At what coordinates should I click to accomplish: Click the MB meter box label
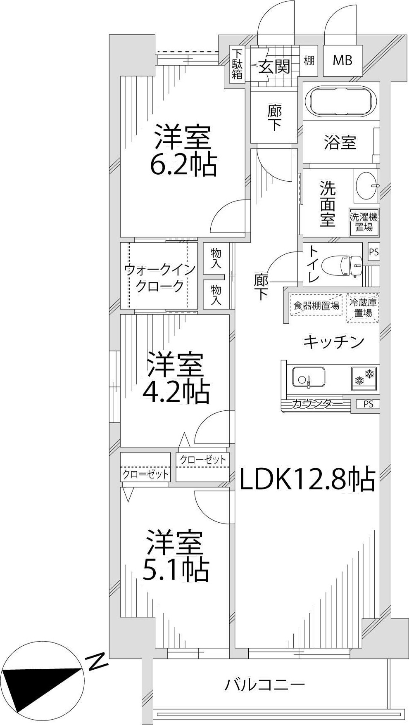(x=342, y=61)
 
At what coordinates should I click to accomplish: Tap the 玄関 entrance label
(x=274, y=66)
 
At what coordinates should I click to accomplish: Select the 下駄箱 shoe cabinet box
(x=237, y=64)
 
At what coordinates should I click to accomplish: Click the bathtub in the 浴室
(x=342, y=101)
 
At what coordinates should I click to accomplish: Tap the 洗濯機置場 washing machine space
(x=364, y=222)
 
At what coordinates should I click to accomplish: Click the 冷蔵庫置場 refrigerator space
(x=363, y=308)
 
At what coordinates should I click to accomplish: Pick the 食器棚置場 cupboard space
(x=316, y=306)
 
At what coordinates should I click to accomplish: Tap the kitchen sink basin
(x=308, y=377)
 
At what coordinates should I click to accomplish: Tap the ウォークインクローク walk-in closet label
(x=159, y=278)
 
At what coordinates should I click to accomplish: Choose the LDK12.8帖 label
(x=307, y=479)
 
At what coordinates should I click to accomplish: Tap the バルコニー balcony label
(x=265, y=685)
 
